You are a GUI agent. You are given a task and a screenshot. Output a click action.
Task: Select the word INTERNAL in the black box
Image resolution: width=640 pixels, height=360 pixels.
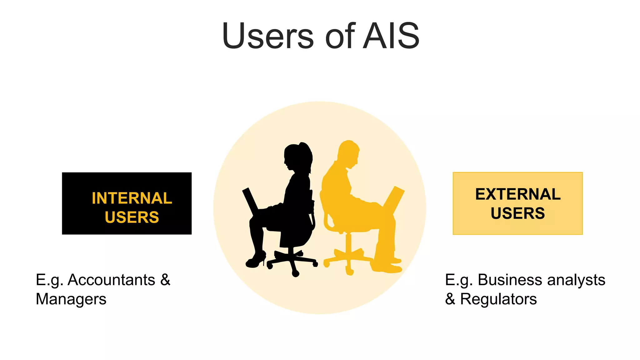tap(132, 198)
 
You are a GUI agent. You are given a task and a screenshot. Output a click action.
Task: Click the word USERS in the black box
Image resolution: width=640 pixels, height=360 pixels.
tap(132, 217)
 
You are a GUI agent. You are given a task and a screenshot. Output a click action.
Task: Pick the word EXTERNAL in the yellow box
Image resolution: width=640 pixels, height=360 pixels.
tap(518, 194)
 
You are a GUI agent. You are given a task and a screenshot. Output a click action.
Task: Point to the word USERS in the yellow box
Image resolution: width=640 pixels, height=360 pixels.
tap(517, 213)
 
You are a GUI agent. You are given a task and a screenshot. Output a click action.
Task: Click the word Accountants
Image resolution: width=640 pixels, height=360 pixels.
tap(111, 280)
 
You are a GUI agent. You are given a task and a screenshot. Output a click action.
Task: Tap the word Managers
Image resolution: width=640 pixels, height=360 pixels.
tap(71, 299)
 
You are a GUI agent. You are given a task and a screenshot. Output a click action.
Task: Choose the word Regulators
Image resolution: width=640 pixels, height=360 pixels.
tap(498, 299)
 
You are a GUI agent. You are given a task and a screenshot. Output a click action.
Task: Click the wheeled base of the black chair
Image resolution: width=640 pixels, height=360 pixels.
tap(292, 261)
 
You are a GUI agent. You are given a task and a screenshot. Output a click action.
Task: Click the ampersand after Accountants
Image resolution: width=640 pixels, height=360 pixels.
tap(165, 280)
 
